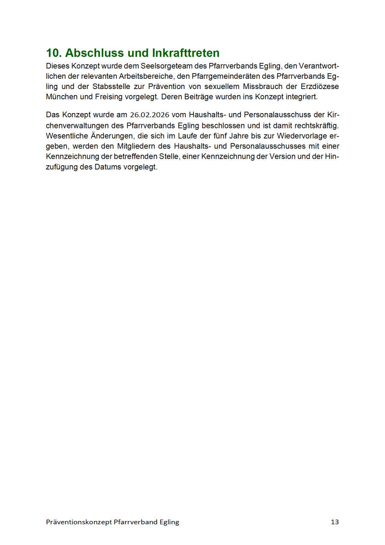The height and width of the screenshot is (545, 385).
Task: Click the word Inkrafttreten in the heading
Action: click(186, 53)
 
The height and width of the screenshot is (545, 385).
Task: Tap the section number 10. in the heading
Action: click(54, 53)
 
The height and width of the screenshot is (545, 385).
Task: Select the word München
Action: click(62, 96)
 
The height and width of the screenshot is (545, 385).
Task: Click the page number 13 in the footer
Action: click(335, 522)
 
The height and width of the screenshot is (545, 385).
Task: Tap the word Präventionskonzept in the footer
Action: click(79, 522)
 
